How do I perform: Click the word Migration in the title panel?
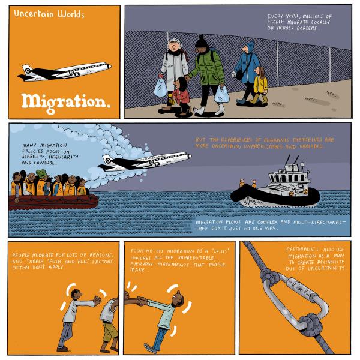(x=65, y=103)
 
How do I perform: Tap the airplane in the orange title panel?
(x=64, y=71)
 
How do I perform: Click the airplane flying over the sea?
(x=144, y=161)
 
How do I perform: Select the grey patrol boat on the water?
(x=275, y=186)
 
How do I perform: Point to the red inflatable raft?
(x=53, y=202)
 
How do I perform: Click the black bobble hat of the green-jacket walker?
(x=202, y=42)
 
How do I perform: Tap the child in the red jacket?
(x=182, y=97)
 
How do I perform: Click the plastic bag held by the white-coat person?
(x=160, y=87)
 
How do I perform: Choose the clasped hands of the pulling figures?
(x=142, y=301)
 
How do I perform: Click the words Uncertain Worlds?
(x=49, y=14)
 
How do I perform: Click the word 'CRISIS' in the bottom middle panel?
(x=220, y=251)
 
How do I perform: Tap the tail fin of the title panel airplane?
(x=27, y=69)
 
